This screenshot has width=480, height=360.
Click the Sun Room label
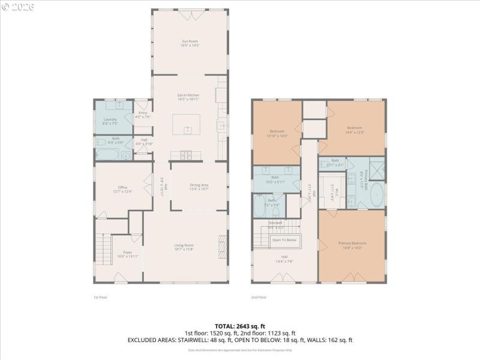(190, 43)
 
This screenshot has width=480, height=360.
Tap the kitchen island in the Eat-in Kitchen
(187, 125)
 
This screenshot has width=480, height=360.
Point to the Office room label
(122, 190)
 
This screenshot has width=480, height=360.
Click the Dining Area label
(199, 187)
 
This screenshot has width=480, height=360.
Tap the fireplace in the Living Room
(223, 247)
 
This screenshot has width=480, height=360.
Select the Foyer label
(127, 254)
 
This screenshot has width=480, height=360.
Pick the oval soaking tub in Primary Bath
(377, 195)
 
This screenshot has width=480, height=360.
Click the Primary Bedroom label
(352, 245)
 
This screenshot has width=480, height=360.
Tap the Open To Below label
(284, 240)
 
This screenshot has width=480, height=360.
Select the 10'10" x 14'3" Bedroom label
(277, 133)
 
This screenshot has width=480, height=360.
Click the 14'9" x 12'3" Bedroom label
(354, 129)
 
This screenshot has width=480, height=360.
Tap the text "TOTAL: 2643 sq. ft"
(239, 326)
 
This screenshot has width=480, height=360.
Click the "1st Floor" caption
(100, 297)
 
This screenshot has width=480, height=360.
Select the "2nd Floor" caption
(259, 297)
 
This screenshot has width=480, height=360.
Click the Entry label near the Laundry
(143, 115)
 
